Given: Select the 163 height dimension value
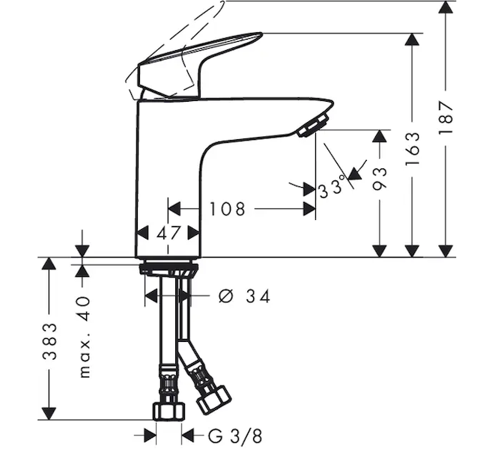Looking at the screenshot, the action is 413,149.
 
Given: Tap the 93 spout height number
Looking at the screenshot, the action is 379,179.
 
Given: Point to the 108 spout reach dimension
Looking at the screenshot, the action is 228,209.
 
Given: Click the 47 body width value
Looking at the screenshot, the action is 168,233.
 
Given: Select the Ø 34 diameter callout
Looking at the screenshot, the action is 244,296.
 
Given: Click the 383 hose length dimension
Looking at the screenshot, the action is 50,341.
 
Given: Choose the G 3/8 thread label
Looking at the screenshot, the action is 235,436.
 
